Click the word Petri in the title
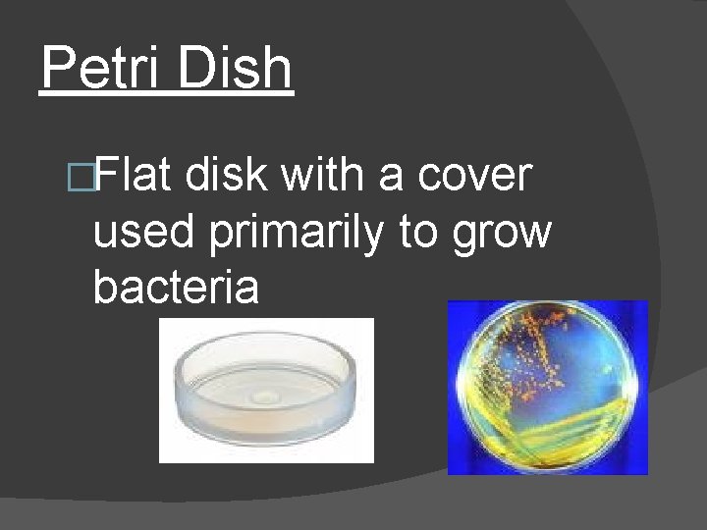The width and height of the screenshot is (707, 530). [103, 69]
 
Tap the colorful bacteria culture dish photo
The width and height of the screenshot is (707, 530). [548, 388]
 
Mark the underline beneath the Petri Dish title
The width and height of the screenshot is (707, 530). [167, 94]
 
